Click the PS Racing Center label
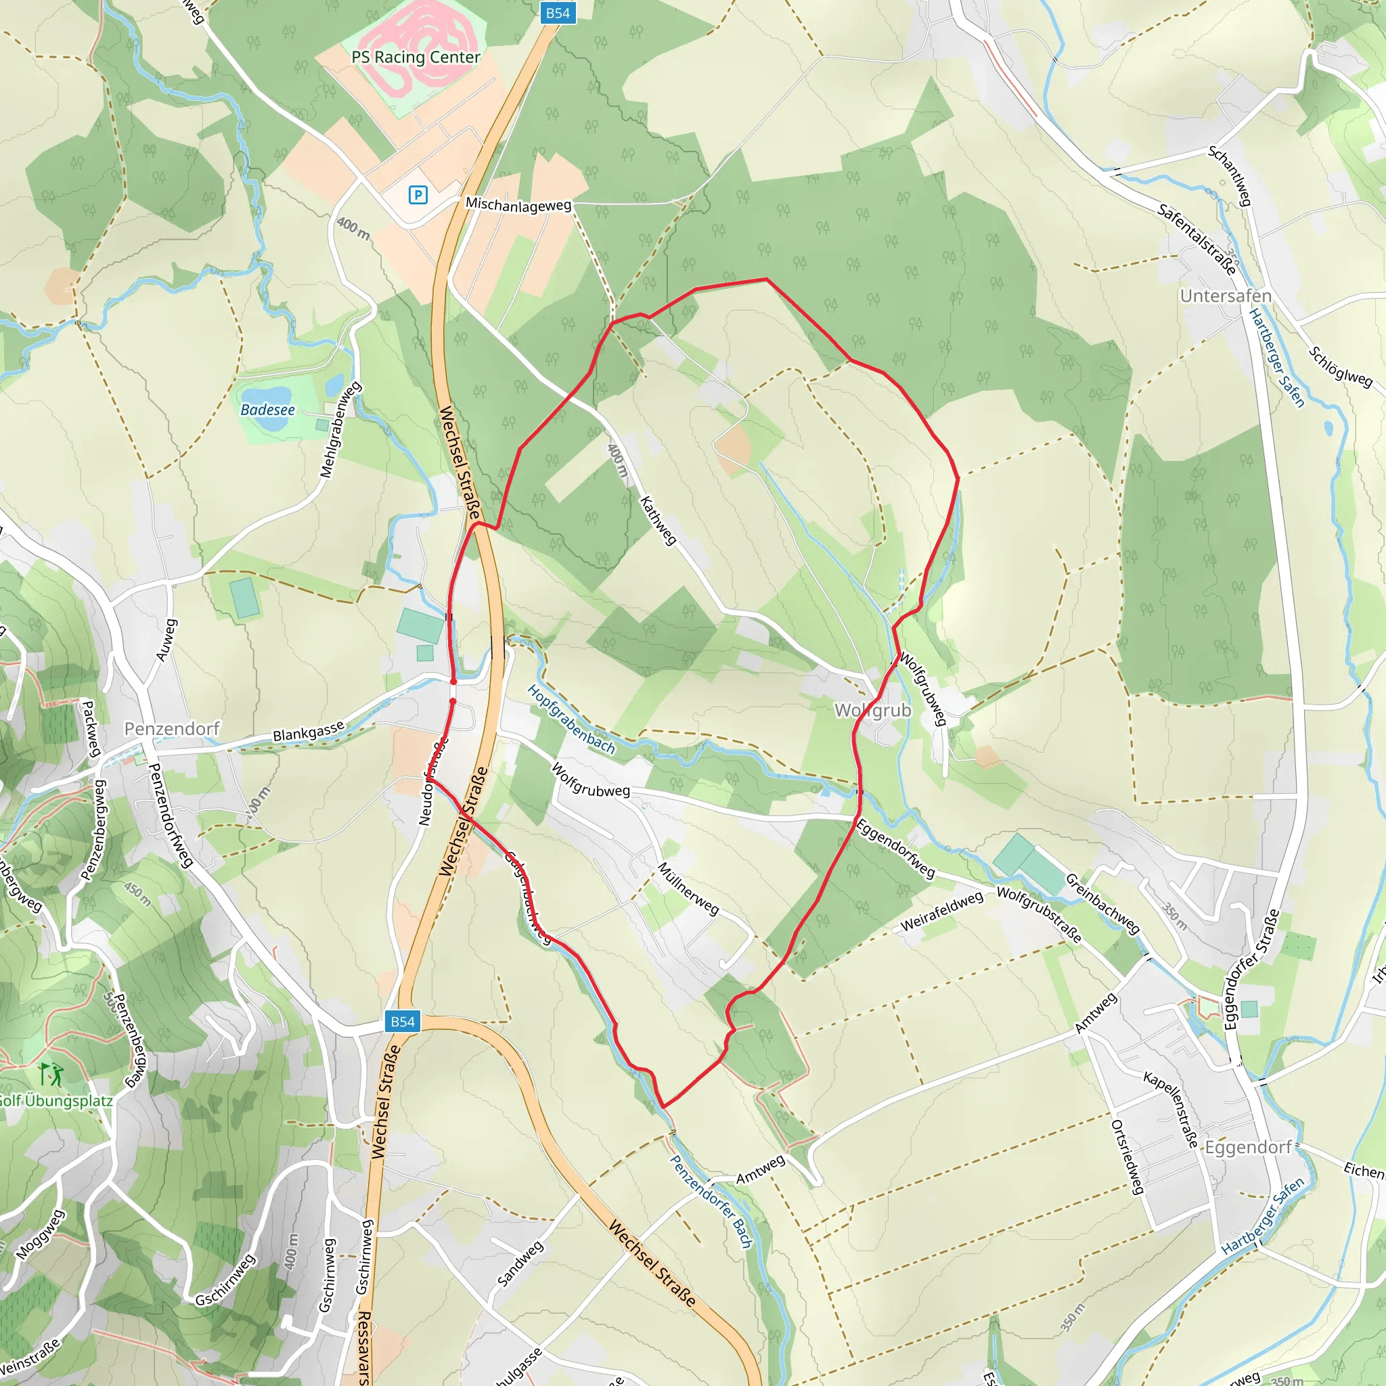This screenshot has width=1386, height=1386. coord(416,58)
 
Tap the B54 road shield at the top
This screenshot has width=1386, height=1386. coord(558,13)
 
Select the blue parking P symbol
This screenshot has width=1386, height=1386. coord(418,194)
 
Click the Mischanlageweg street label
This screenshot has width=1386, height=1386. coord(518,205)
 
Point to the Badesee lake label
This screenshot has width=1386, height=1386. coord(267,409)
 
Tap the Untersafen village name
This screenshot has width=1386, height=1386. coord(1226,296)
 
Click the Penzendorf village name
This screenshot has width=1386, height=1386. coord(172,729)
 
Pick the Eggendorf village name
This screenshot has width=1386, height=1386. coord(1248,1147)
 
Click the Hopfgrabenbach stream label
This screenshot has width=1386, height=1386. coord(571,719)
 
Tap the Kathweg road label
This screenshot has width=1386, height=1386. coord(658,520)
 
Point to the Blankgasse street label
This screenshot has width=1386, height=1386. coord(309,732)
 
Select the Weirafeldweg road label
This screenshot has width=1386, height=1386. coord(941,912)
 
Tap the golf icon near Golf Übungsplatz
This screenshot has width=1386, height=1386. coord(51,1075)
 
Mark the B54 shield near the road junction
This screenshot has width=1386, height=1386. coord(403,1021)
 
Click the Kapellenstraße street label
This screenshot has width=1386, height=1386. coord(1171,1109)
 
